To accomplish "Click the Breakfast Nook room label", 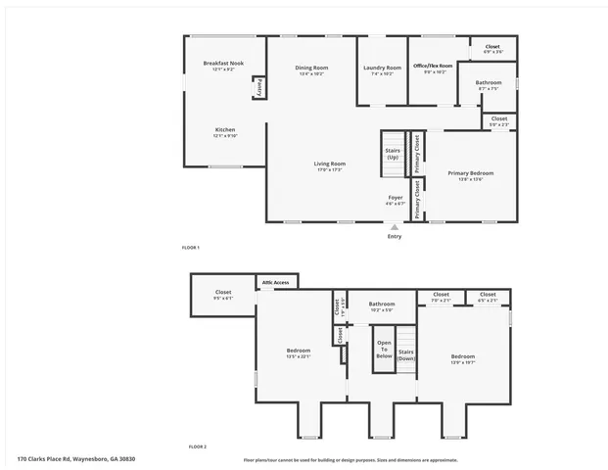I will [x=223, y=65].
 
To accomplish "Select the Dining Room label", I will [x=311, y=70].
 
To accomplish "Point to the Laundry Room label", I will [x=382, y=70].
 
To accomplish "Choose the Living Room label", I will [x=329, y=165].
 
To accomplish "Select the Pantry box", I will [x=258, y=87].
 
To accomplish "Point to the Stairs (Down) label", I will [x=406, y=353].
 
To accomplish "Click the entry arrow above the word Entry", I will [x=395, y=227].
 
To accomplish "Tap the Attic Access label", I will [x=275, y=282].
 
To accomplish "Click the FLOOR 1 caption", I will [x=190, y=247].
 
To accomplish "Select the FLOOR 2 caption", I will [x=197, y=446].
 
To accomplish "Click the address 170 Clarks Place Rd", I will [x=75, y=458].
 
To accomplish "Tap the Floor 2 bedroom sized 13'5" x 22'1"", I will [x=299, y=352].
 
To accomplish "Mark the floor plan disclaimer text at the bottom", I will [x=351, y=459].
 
